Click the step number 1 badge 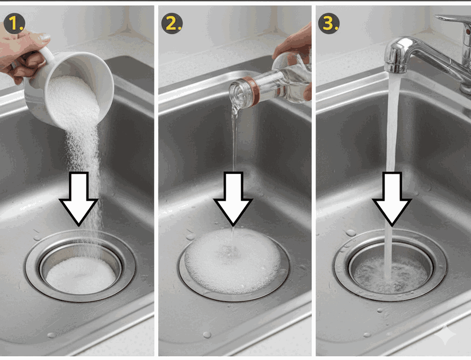coord(14,23)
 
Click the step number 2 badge coord(172,23)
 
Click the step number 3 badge coord(329,23)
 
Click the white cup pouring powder coord(70,87)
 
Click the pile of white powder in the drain coord(81,275)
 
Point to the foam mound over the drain coord(232,261)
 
